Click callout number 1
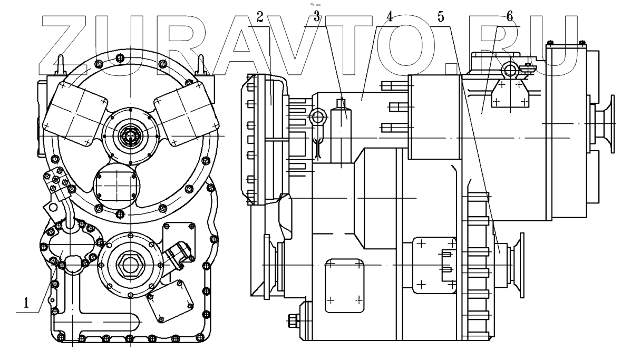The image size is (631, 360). pos(24,303)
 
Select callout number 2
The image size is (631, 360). pos(260,16)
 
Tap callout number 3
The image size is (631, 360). pos(316,16)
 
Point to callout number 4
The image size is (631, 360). pos(389,16)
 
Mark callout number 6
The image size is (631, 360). pos(509,16)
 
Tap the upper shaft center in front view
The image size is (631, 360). pos(128,137)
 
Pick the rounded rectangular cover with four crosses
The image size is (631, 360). pos(344,285)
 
